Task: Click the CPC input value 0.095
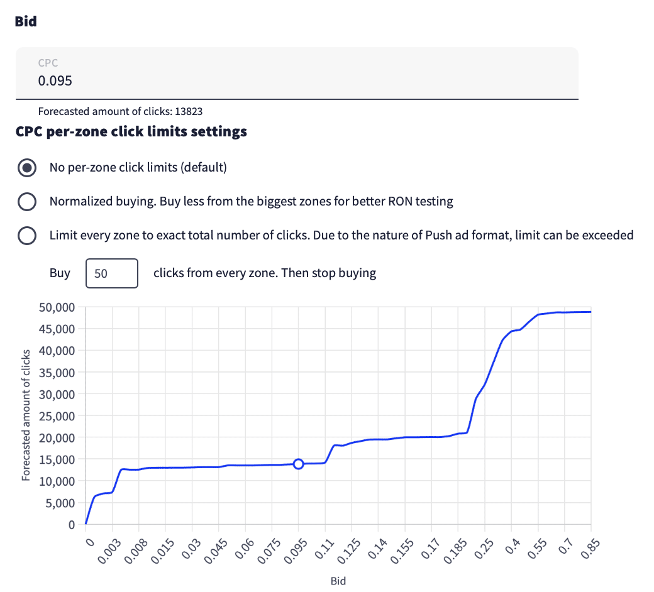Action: coord(55,81)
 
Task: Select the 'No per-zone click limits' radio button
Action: coord(26,168)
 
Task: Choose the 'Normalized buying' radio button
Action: coord(26,202)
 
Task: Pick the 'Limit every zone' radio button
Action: coord(26,236)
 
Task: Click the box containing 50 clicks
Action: coord(111,273)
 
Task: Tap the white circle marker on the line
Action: coord(299,464)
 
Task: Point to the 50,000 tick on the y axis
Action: coord(57,307)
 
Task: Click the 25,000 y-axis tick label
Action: coord(57,416)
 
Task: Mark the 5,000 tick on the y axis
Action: coord(62,503)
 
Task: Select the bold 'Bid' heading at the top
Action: coord(26,21)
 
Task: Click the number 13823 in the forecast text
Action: coord(189,112)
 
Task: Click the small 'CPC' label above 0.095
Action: coord(48,63)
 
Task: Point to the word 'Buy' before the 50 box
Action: coord(60,273)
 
